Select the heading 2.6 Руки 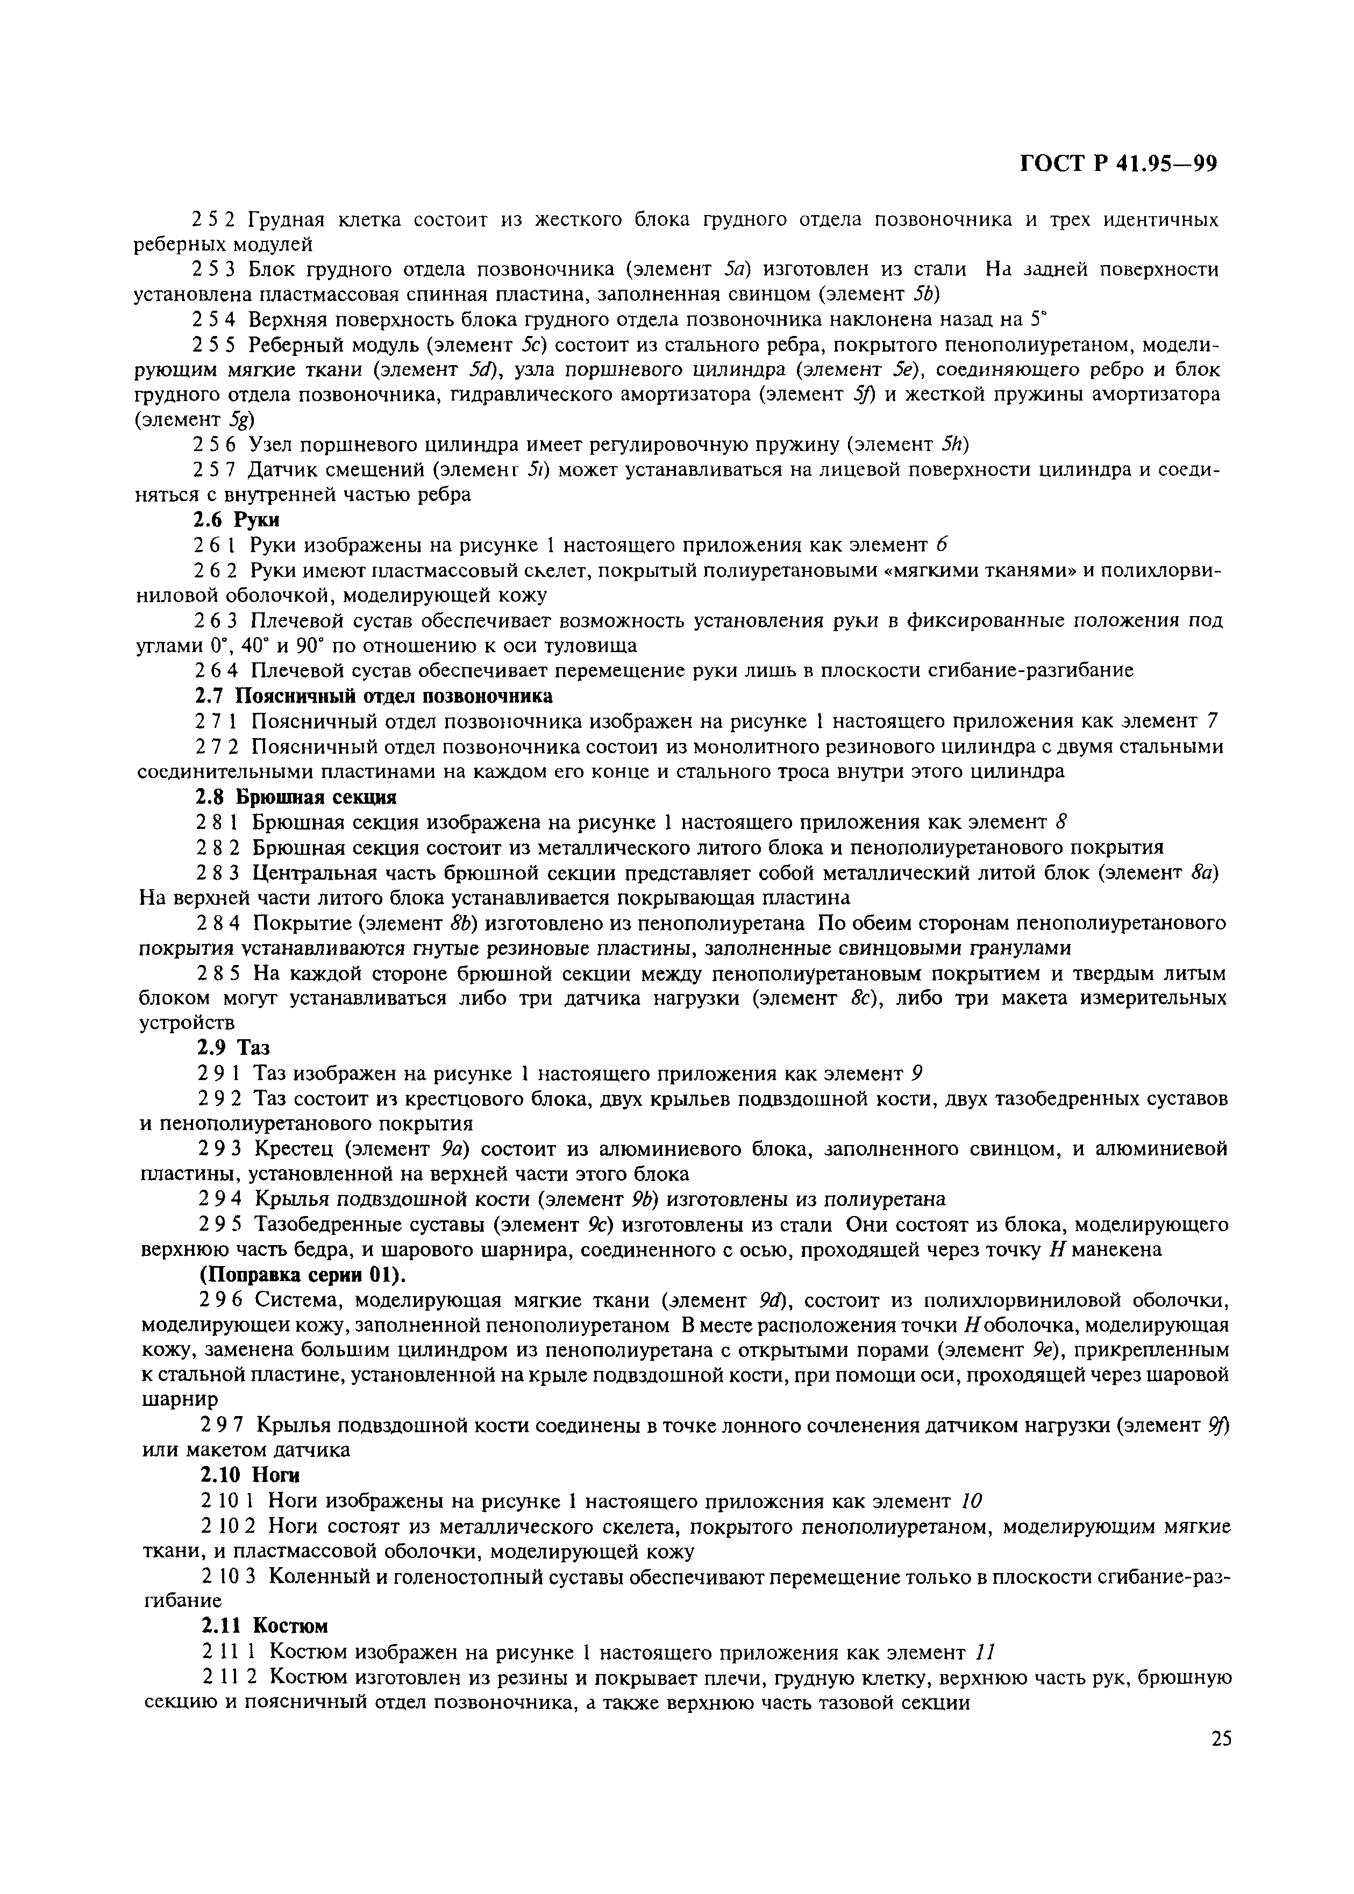pyautogui.click(x=235, y=519)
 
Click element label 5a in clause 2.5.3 pyautogui.click(x=738, y=269)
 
